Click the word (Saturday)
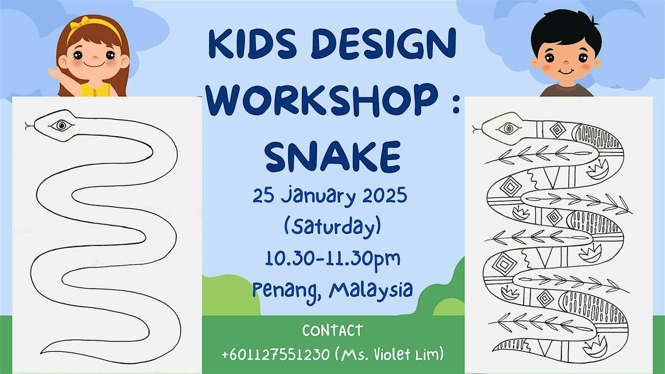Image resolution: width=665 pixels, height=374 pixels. tap(332, 228)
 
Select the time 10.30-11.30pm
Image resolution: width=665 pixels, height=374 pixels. tap(332, 259)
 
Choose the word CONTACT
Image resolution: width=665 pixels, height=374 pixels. tap(332, 331)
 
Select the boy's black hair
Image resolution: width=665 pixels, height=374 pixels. tap(565, 28)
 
